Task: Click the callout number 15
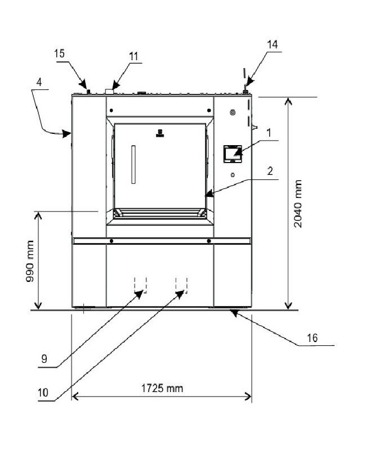point(59,53)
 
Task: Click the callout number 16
point(313,338)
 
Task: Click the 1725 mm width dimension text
point(162,389)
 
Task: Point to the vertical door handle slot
point(134,164)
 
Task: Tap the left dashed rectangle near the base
point(140,285)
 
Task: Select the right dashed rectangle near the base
point(181,285)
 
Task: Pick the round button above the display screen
point(233,113)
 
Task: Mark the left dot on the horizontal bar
point(111,241)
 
